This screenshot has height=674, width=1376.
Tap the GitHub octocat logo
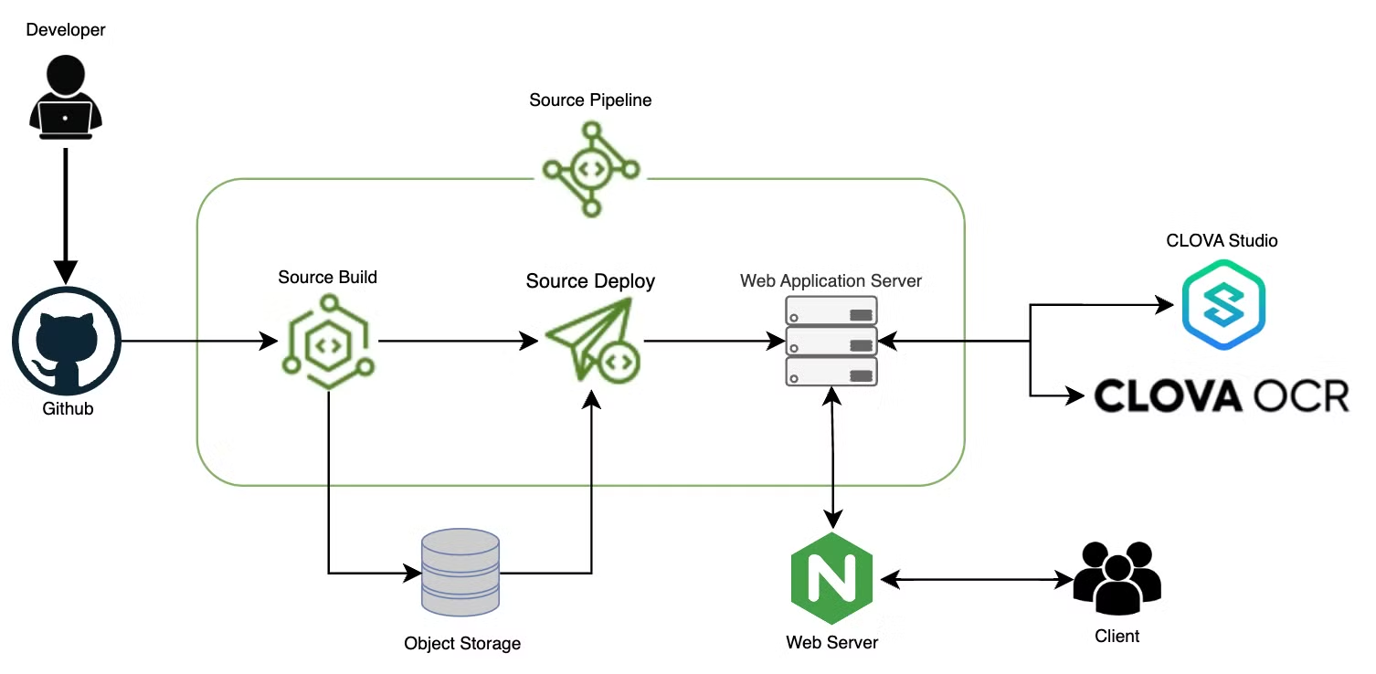click(x=67, y=342)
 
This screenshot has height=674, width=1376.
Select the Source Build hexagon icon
click(x=328, y=341)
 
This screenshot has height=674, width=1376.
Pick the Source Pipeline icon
click(x=591, y=169)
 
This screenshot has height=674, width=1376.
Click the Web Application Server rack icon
click(x=831, y=342)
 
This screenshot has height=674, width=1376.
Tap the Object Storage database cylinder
click(x=460, y=573)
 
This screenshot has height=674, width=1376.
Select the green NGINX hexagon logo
click(x=831, y=581)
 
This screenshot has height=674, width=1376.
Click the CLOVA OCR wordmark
click(x=1222, y=395)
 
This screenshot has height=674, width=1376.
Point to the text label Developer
click(x=66, y=30)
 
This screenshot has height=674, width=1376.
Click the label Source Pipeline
click(x=590, y=100)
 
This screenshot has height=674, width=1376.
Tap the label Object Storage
click(x=462, y=643)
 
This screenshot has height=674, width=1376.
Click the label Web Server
click(x=831, y=642)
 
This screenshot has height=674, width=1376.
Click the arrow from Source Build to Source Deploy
click(x=458, y=342)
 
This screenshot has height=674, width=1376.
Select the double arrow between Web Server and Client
click(x=974, y=580)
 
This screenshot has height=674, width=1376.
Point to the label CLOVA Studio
click(x=1222, y=241)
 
